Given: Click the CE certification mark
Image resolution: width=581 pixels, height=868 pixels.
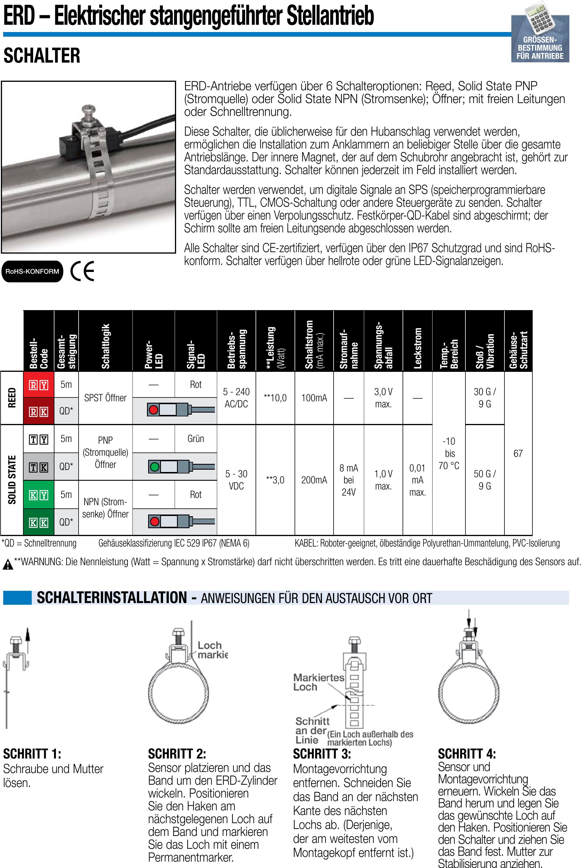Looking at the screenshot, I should pyautogui.click(x=82, y=271).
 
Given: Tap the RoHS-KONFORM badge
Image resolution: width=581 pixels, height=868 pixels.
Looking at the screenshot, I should pyautogui.click(x=32, y=271).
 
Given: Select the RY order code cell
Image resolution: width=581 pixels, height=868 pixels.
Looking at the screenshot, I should pyautogui.click(x=38, y=385).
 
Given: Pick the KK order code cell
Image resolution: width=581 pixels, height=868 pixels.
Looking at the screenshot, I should pyautogui.click(x=38, y=522).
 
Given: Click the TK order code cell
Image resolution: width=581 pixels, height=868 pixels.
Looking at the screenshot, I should pyautogui.click(x=38, y=467).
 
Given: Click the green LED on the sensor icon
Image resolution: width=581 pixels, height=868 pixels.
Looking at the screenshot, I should pyautogui.click(x=155, y=467).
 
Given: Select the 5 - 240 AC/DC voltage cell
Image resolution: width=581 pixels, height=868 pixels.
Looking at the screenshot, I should pyautogui.click(x=236, y=398).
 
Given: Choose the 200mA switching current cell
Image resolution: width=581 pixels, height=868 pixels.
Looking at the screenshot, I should pyautogui.click(x=314, y=480).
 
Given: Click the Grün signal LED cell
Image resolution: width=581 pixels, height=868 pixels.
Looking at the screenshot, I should pyautogui.click(x=196, y=439).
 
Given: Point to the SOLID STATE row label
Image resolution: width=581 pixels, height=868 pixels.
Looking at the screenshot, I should pyautogui.click(x=12, y=480).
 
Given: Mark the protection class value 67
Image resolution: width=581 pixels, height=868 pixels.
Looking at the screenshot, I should pyautogui.click(x=518, y=453).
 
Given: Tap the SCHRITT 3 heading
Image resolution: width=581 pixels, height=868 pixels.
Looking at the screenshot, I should pyautogui.click(x=322, y=754).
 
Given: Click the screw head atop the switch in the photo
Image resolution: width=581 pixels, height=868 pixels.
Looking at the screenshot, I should pyautogui.click(x=88, y=109).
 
